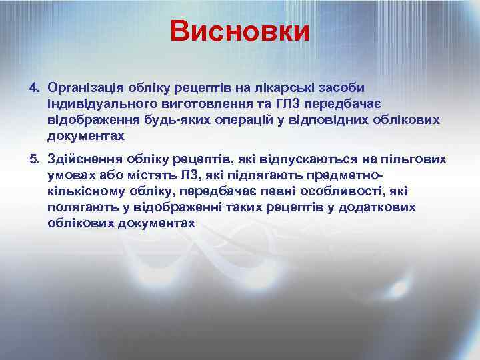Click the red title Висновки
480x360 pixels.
(239, 31)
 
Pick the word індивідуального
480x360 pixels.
(99, 105)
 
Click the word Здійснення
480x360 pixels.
(82, 159)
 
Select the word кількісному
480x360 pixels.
(87, 191)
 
